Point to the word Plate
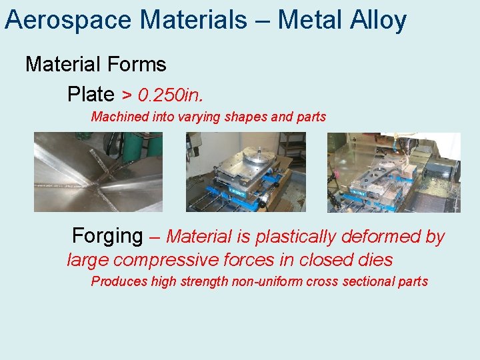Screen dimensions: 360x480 pyautogui.click(x=91, y=94)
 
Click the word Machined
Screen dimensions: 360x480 pyautogui.click(x=120, y=117)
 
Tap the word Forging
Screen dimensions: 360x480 pyautogui.click(x=107, y=236)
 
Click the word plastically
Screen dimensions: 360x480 pyautogui.click(x=297, y=237)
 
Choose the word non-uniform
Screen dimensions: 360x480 pyautogui.click(x=267, y=281)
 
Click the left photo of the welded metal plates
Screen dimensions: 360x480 pyautogui.click(x=98, y=171)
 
